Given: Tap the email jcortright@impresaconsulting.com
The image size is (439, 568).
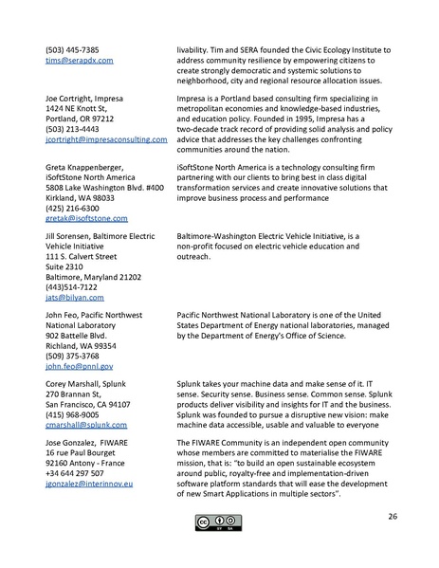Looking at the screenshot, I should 106,138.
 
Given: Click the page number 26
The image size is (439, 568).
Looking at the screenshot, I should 392,516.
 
